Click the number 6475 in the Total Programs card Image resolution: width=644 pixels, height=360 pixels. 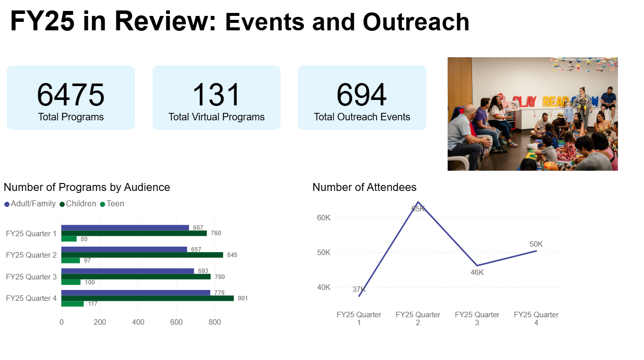[71, 95]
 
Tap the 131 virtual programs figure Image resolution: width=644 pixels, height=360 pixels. [216, 95]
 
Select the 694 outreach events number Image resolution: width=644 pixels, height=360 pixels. [362, 95]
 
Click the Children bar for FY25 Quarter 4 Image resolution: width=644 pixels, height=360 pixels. [147, 298]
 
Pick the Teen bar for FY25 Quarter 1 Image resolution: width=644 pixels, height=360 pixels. [69, 239]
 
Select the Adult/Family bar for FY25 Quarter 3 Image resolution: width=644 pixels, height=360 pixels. [128, 271]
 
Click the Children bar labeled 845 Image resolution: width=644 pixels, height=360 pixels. [142, 255]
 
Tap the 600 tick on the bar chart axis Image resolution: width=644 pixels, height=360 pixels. [176, 322]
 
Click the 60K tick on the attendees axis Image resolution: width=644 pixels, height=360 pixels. [323, 218]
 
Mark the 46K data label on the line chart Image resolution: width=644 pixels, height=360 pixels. [477, 272]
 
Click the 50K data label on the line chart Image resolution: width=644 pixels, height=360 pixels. [536, 244]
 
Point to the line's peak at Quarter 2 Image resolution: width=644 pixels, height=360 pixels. [418, 202]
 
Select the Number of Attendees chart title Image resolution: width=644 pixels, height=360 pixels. [364, 187]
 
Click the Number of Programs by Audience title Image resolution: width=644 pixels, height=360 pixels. [87, 187]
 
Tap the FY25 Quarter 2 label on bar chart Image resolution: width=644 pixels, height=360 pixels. [31, 255]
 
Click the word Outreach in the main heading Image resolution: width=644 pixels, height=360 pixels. [416, 22]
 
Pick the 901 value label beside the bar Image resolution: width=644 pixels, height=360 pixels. [242, 298]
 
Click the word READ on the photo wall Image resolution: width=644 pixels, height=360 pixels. [552, 101]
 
